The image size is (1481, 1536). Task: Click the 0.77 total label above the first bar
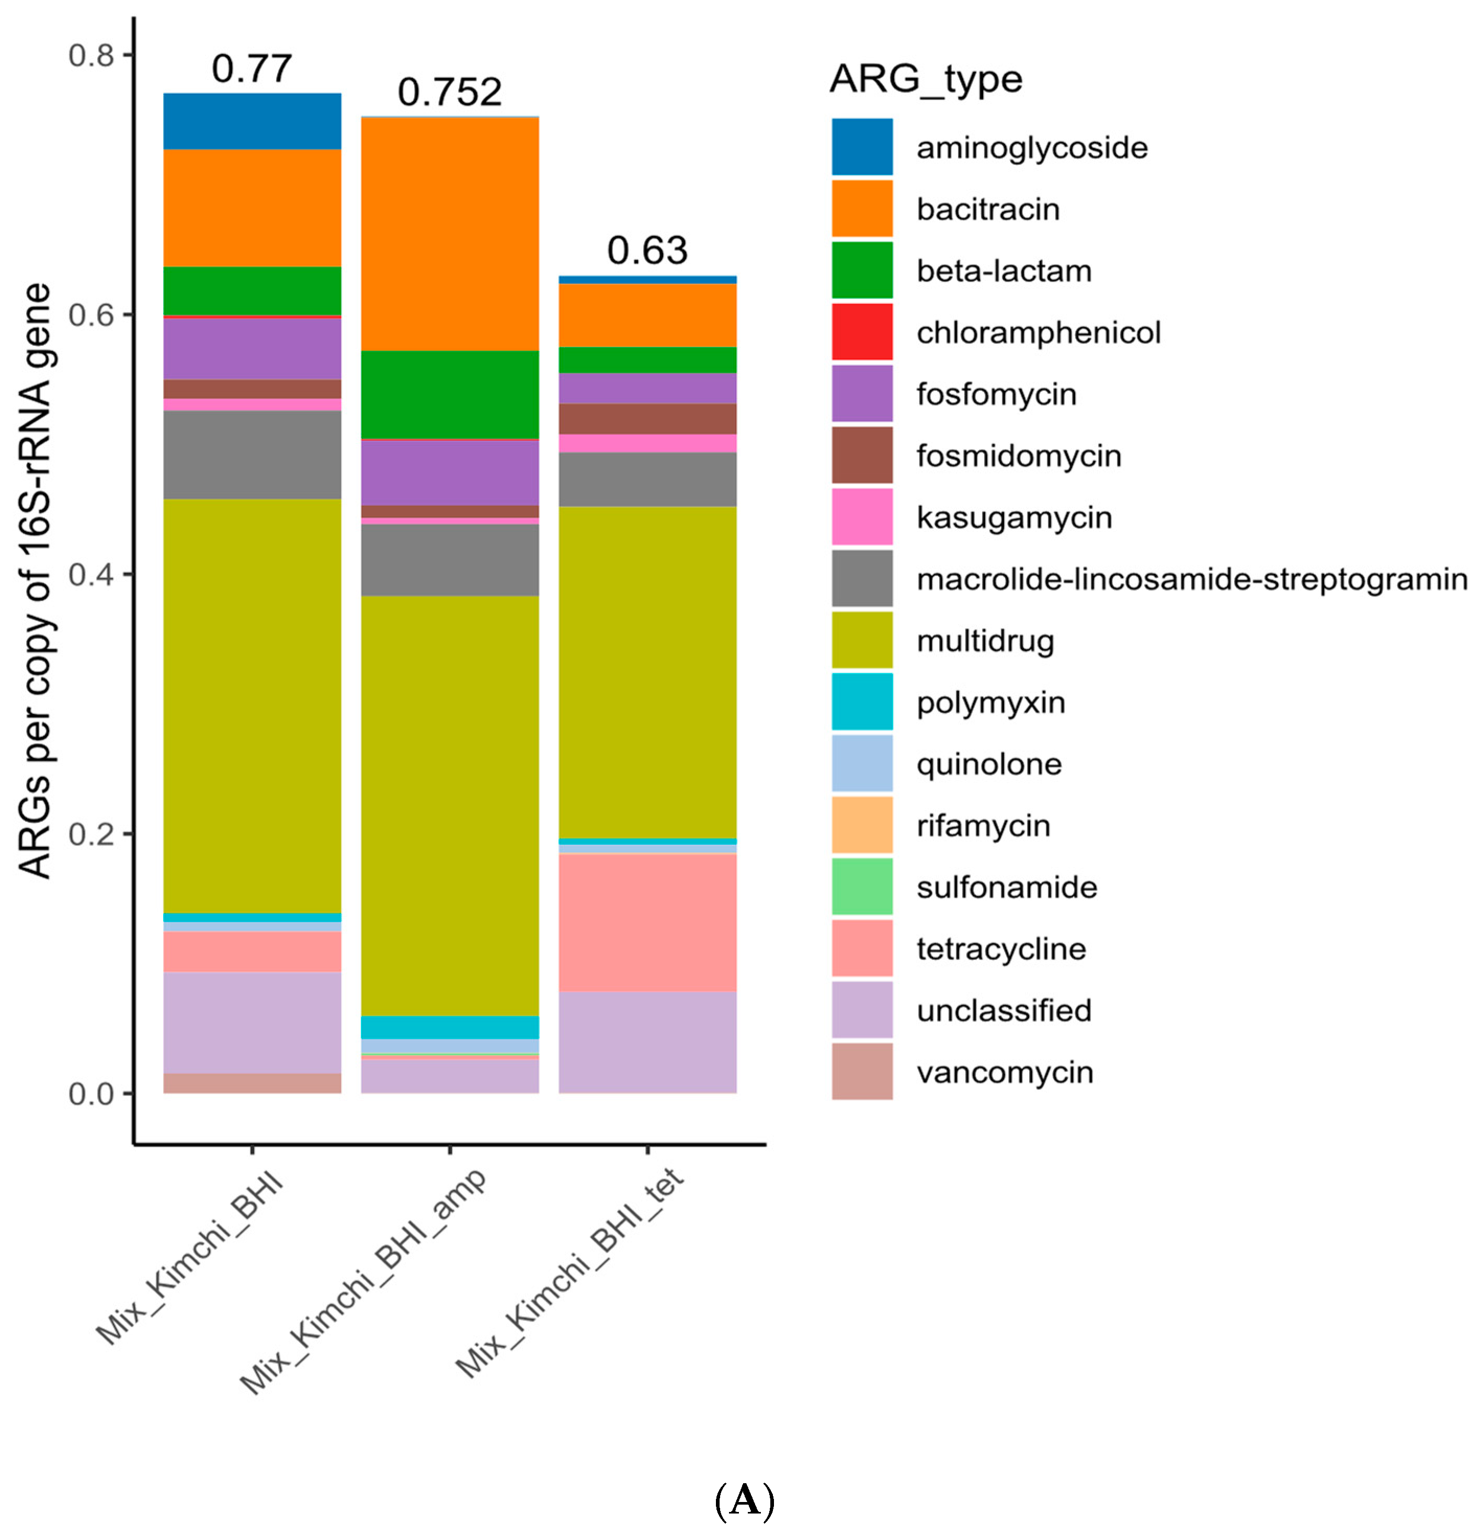pos(252,69)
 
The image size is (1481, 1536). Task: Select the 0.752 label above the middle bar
pos(449,93)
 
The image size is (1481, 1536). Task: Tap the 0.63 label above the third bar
pos(647,251)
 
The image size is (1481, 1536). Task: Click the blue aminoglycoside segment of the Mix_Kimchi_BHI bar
pos(252,121)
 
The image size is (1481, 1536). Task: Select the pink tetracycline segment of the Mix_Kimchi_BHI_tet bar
pos(647,923)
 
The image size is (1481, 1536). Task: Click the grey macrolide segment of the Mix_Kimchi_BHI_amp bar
pos(449,560)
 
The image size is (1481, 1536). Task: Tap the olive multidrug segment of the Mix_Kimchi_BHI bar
pos(252,706)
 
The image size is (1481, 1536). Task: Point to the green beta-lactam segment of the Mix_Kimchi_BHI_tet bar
pos(647,360)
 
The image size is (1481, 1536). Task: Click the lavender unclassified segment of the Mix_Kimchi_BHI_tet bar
pos(647,1042)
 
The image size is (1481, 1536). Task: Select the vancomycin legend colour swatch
pos(862,1071)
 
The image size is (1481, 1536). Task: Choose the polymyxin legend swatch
pos(862,701)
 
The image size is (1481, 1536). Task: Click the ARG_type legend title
pos(926,79)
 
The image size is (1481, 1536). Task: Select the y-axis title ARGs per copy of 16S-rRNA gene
pos(35,580)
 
